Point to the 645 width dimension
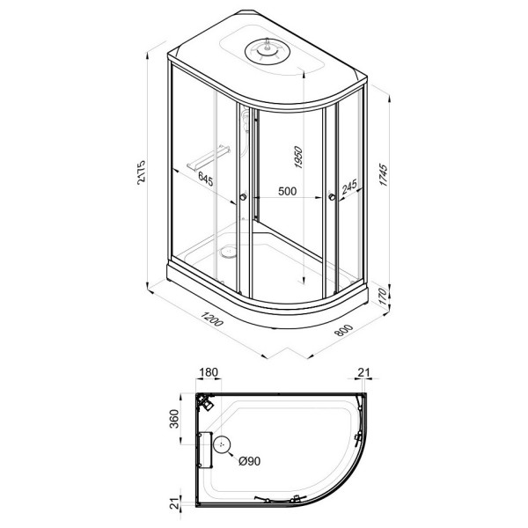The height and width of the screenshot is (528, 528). pos(205,180)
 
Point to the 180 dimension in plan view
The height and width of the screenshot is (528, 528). pos(209,373)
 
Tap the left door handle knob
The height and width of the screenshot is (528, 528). pos(242,198)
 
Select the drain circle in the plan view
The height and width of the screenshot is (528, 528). pos(224,449)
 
